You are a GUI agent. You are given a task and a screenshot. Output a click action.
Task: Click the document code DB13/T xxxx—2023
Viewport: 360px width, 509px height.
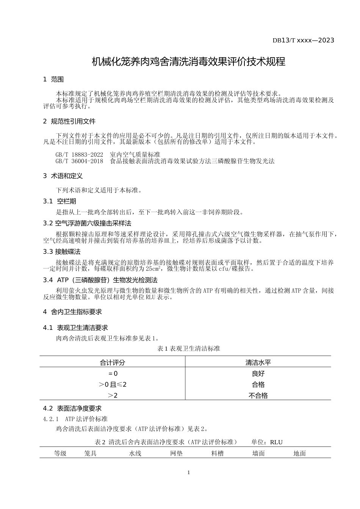(303, 40)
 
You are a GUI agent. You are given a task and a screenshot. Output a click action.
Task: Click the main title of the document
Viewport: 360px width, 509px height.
(189, 61)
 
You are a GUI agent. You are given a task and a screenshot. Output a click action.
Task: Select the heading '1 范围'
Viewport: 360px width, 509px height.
(53, 80)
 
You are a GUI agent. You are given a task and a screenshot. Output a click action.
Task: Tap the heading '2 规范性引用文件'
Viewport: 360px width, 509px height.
(69, 122)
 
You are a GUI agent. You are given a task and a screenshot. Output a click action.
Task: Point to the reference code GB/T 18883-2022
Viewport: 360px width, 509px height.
(79, 155)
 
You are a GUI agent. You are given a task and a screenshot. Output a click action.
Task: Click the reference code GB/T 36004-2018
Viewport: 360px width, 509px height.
(79, 161)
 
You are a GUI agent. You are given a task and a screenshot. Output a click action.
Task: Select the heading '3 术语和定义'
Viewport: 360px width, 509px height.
(63, 176)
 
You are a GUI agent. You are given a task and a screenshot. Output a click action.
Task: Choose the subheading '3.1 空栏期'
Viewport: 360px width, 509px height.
(59, 201)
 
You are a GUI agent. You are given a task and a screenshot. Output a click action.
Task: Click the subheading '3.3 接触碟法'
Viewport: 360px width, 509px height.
(62, 252)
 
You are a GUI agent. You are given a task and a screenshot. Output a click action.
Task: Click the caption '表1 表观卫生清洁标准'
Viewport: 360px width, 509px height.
(188, 348)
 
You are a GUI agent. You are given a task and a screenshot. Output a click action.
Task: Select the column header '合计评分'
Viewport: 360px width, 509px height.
(112, 362)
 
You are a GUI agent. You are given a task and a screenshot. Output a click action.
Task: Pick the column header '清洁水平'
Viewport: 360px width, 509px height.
(258, 362)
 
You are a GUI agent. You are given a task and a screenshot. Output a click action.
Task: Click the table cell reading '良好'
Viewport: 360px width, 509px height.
(258, 373)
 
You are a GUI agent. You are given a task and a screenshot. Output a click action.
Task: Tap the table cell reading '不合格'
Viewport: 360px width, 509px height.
(258, 395)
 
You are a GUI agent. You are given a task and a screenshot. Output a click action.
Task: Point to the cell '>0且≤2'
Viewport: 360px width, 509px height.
(112, 384)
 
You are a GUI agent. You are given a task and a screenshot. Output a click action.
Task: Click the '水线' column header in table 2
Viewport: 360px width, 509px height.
(135, 453)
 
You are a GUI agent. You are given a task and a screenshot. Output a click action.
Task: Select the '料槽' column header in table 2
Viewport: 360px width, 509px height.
(218, 453)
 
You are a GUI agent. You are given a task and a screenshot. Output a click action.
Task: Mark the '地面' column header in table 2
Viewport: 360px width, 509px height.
(299, 453)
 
